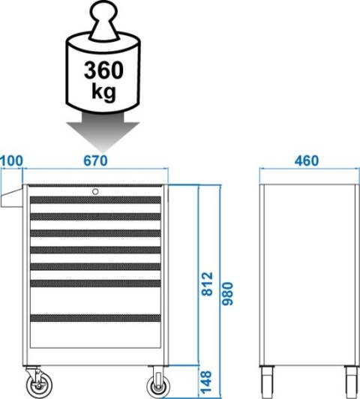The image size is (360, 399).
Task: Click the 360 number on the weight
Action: click(103, 70)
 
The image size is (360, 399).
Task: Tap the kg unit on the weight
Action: click(103, 91)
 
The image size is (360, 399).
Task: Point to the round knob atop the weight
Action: click(104, 11)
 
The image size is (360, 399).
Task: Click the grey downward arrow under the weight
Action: click(103, 132)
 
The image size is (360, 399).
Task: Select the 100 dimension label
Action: click(12, 160)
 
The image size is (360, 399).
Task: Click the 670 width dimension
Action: click(96, 160)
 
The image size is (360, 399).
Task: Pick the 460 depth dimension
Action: click(307, 160)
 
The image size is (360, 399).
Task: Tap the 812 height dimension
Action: click(207, 283)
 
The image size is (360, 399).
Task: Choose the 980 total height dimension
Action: click(227, 293)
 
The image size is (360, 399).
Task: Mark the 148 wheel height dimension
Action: click(206, 382)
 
